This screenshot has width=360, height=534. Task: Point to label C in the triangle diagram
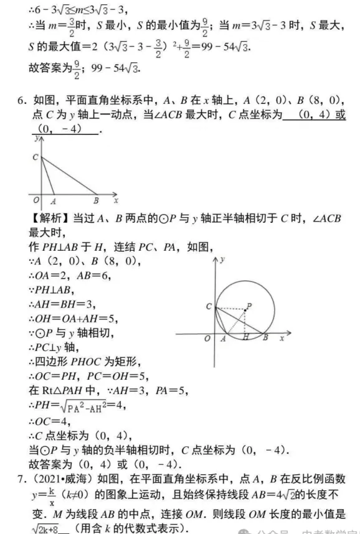point(35,157)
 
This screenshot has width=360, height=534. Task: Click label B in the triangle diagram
point(96,201)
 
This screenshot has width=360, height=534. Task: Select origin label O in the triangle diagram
point(34,200)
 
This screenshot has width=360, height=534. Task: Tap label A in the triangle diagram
point(53,201)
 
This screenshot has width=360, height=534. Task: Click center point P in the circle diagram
point(249,305)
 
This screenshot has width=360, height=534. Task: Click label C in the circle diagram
point(209,306)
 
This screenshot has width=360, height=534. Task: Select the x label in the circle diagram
point(282,337)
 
